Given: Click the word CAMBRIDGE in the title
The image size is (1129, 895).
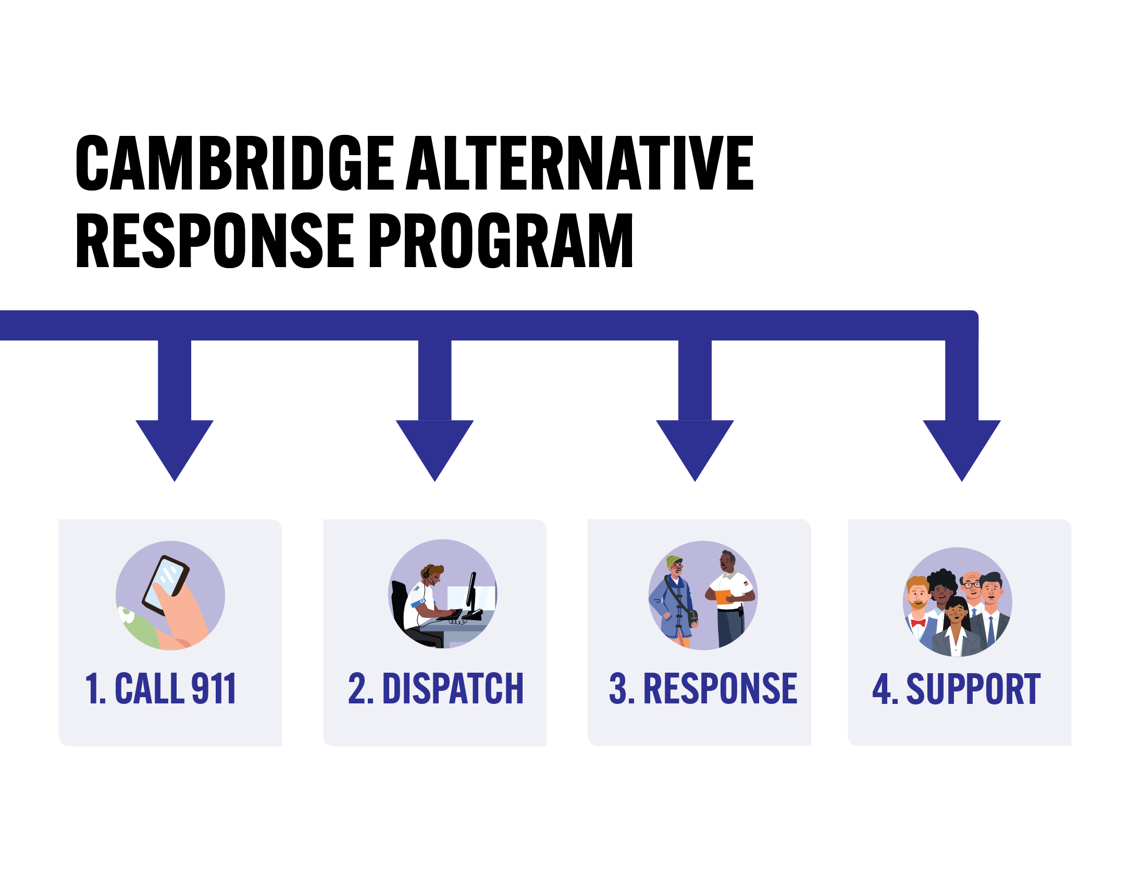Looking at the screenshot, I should coord(234,163).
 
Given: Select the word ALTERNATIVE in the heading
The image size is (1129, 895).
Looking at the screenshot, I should coord(579,163).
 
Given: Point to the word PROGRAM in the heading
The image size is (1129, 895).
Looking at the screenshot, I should coord(501,240).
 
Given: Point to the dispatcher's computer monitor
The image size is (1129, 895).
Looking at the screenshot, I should coord(471,591).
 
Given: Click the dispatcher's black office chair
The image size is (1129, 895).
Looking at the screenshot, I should coord(400,602).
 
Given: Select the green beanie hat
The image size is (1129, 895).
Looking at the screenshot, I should coord(674,562).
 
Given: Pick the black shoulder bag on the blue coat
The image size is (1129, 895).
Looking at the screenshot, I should coord(692,617).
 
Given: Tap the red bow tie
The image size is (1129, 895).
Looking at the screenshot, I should coord(917,623).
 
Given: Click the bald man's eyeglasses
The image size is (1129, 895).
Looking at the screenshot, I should coord(972,584).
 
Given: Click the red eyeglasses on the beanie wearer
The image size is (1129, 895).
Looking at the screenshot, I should coord(677,567).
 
